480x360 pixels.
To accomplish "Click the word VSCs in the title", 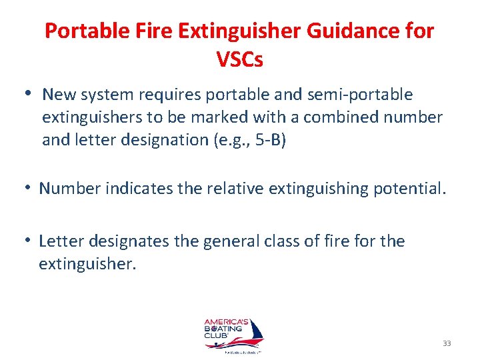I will (240, 60).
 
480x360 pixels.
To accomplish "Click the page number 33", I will (447, 343).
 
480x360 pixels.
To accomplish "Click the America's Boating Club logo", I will (233, 337).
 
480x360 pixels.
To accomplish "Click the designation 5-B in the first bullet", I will (267, 141).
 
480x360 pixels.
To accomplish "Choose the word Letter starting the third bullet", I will (63, 241).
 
